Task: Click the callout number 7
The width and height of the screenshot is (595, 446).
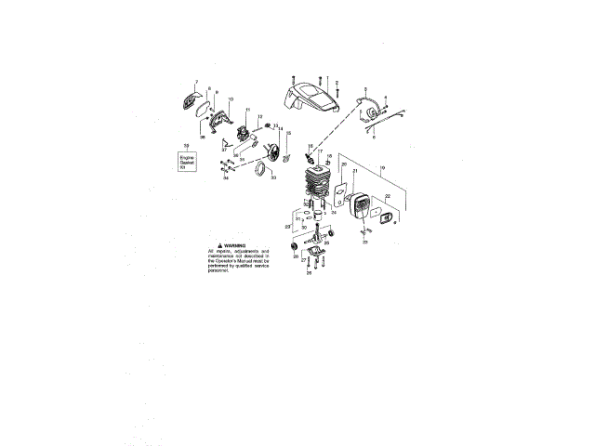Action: pyautogui.click(x=196, y=82)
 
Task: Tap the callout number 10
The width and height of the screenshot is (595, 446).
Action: pyautogui.click(x=231, y=98)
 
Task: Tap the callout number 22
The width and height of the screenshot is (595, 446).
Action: pyautogui.click(x=387, y=197)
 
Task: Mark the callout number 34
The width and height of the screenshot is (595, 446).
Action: pyautogui.click(x=226, y=177)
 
